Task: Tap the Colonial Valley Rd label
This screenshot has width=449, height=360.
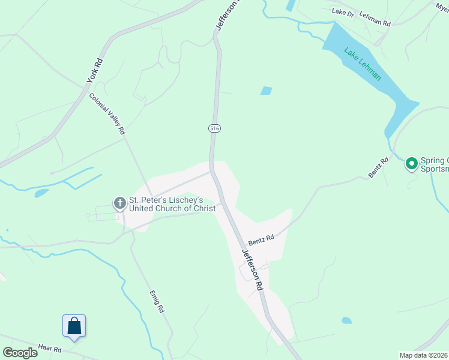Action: point(107,113)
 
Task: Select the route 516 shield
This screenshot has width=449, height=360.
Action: point(214,128)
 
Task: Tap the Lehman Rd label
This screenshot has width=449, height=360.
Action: point(377,20)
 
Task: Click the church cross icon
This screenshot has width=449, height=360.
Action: point(119,204)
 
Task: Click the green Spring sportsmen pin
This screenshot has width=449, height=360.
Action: point(412,163)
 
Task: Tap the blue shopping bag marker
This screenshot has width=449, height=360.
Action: point(74,326)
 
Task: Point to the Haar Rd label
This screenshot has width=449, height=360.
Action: point(50,348)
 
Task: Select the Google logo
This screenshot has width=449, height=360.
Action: point(20,353)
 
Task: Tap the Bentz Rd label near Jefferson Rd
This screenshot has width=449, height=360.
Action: point(261,238)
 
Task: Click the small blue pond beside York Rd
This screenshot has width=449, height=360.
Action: point(41,193)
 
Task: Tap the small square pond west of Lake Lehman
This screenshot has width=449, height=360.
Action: point(266,91)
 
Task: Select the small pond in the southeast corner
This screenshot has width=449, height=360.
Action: point(346,320)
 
